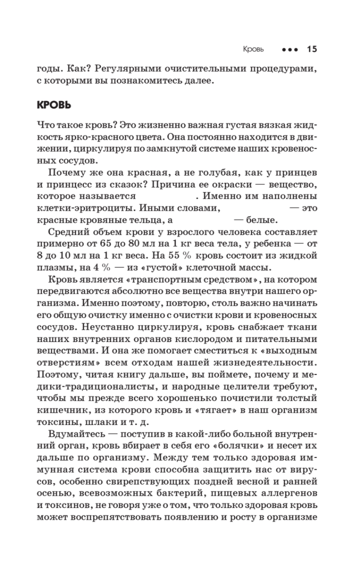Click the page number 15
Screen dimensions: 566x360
point(312,49)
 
